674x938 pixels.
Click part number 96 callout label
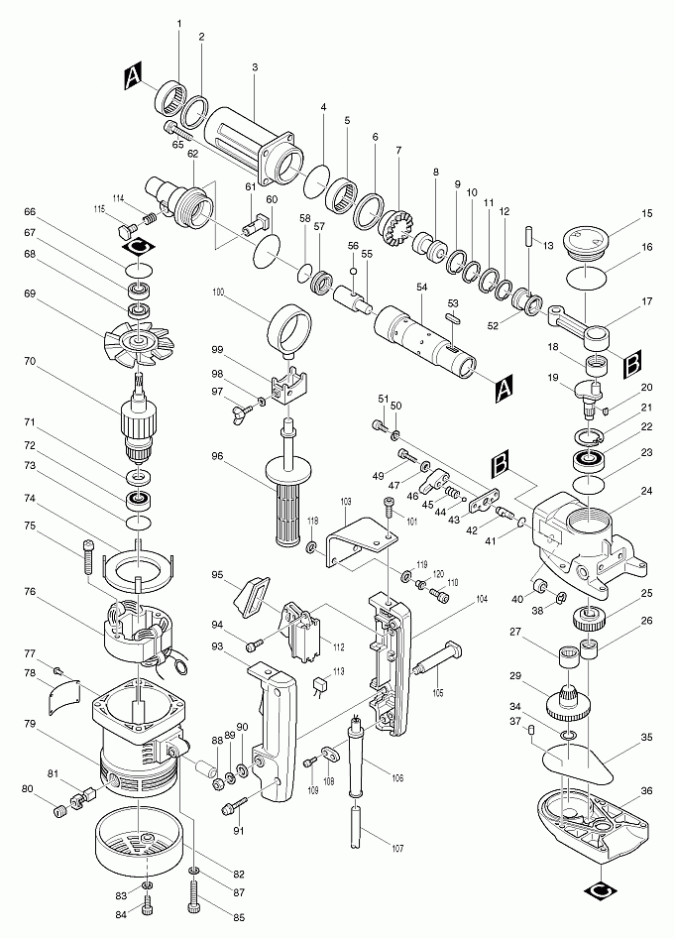[216, 457]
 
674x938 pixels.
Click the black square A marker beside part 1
[134, 76]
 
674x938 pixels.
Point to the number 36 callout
[646, 790]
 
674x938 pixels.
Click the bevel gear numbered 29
[570, 705]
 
